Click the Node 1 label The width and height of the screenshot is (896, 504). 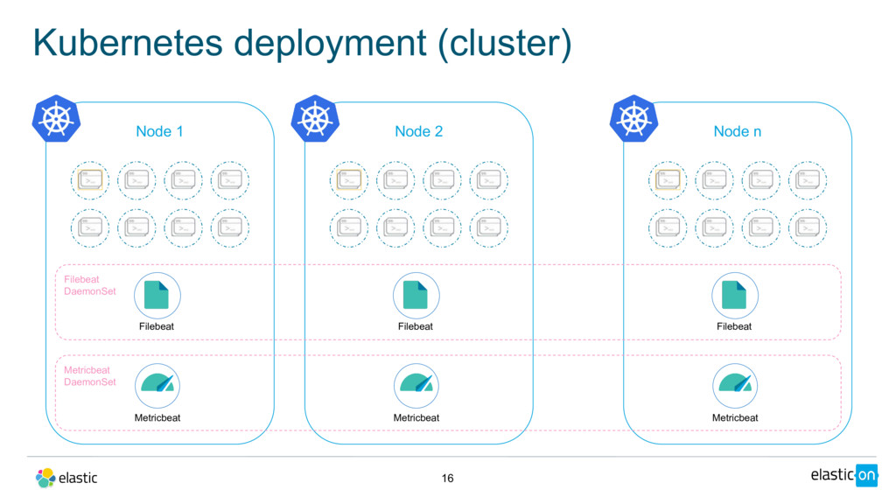[159, 131]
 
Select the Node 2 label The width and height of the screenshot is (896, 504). [418, 131]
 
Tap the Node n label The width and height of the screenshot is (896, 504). [737, 131]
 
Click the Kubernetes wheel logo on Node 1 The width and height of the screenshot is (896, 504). [56, 120]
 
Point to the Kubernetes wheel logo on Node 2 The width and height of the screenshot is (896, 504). [315, 120]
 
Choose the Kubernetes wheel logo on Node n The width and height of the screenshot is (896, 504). [633, 120]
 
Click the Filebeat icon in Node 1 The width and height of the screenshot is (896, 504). [157, 295]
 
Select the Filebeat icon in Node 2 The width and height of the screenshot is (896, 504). [416, 295]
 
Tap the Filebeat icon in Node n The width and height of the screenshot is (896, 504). [734, 295]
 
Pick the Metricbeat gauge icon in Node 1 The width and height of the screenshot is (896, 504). [157, 385]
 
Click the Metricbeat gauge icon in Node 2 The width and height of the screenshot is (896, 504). [416, 385]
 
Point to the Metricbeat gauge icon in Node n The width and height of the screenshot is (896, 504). [734, 385]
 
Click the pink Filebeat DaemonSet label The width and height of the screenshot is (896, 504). [89, 285]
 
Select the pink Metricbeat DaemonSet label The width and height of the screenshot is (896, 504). [89, 376]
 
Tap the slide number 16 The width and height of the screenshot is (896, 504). [448, 478]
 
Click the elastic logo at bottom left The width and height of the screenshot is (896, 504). [66, 478]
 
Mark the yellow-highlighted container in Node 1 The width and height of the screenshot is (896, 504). [90, 179]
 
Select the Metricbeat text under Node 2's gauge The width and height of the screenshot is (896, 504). [416, 417]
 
